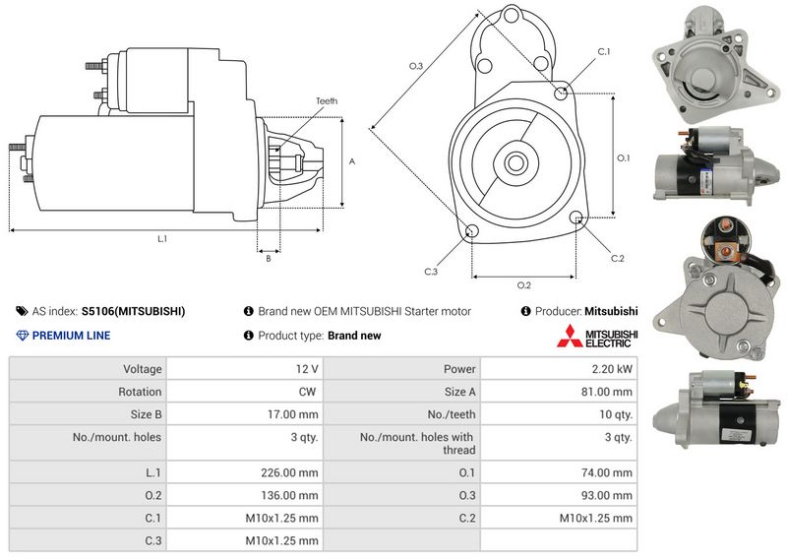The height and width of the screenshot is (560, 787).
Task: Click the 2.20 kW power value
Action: click(611, 369)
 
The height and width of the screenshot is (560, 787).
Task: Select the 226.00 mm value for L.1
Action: click(289, 472)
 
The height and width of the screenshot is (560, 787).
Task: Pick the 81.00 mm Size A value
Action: click(606, 392)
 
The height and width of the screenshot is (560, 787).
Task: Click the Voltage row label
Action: click(143, 369)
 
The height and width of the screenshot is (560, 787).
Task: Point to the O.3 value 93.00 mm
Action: click(606, 495)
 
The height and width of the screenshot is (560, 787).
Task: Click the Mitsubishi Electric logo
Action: click(597, 336)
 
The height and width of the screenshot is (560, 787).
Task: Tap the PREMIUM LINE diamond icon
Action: click(22, 336)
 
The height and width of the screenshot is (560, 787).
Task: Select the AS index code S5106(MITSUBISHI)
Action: click(133, 311)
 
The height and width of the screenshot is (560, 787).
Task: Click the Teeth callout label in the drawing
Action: click(327, 101)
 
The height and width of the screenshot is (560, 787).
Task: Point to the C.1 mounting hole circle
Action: click(561, 93)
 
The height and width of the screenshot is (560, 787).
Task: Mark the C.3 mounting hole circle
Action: click(472, 231)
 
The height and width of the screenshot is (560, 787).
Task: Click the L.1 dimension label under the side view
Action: click(161, 239)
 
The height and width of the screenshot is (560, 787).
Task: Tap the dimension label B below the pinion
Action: click(269, 258)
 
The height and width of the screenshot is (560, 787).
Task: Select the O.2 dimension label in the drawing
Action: click(523, 285)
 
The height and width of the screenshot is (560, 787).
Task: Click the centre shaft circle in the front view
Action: click(515, 162)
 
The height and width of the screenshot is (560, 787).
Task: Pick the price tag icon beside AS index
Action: click(22, 311)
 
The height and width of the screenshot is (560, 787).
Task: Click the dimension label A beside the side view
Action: click(352, 161)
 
